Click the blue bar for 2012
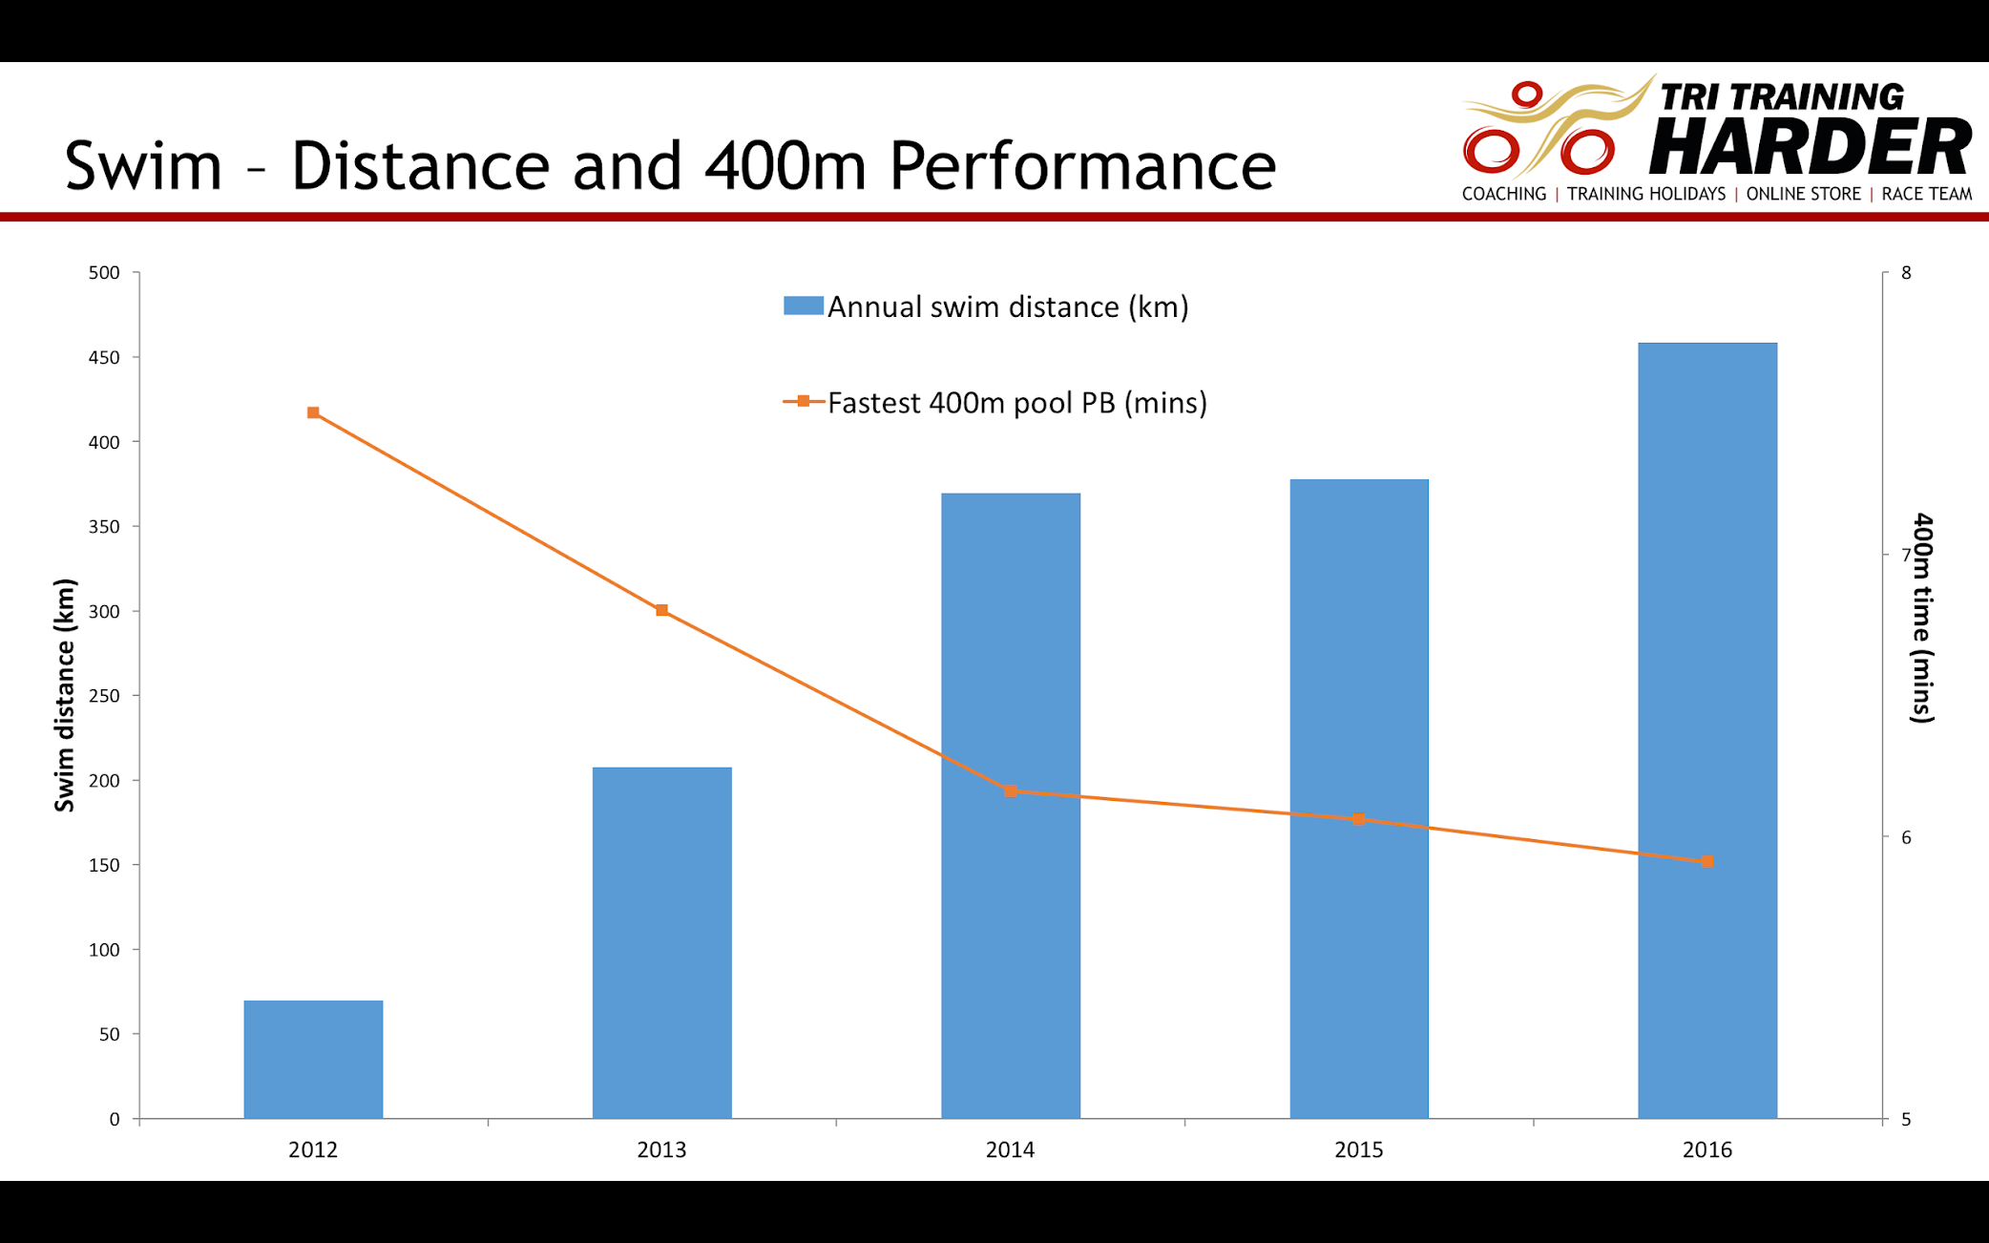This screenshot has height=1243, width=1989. coord(313,1059)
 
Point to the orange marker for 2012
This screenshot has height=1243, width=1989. coord(313,412)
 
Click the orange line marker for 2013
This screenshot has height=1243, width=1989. coord(661,610)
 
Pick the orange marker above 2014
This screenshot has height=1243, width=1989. coord(1011,791)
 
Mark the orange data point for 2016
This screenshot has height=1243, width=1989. coord(1707,861)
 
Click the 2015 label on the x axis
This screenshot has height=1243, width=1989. coord(1358,1149)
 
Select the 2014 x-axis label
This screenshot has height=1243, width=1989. coord(1010,1149)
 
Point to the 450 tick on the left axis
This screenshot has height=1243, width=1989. coord(104,358)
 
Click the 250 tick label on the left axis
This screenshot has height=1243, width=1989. coord(104,696)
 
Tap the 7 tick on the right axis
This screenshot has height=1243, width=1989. coord(1906,555)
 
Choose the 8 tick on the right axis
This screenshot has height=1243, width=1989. coord(1906,273)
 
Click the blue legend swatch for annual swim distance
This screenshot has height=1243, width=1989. coord(803,305)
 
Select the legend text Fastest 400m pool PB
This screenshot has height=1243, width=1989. coord(1016,403)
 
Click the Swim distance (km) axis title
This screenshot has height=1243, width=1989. coord(64,695)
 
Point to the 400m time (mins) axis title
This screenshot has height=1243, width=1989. coord(1922,618)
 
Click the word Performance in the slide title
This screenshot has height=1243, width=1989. coord(1082,166)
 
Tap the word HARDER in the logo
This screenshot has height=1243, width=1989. coord(1810,146)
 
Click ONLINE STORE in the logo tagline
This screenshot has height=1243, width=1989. coord(1803,194)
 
